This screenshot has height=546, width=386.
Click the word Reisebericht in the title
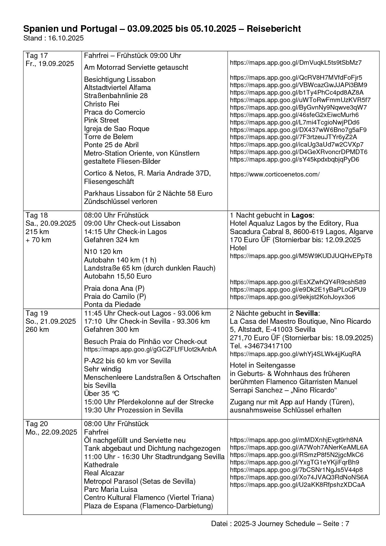tap(274, 29)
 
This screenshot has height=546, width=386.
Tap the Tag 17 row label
tap(37, 56)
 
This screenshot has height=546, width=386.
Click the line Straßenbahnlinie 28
tap(116, 96)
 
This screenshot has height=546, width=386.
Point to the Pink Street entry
tap(101, 120)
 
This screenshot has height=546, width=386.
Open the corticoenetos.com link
tap(275, 174)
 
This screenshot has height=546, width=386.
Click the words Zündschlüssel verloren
tap(120, 201)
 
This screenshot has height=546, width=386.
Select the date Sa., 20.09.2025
tap(51, 223)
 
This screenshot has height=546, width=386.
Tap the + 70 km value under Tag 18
tap(38, 240)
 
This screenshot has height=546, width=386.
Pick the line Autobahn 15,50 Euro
tap(118, 276)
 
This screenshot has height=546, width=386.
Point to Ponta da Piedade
tap(112, 304)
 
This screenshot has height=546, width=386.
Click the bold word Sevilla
tap(307, 313)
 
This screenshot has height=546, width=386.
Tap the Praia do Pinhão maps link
tap(150, 349)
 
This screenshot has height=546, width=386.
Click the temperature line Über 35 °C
tap(101, 393)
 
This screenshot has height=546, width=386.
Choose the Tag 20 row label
tap(37, 424)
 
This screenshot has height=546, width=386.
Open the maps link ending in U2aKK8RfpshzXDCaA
tap(297, 485)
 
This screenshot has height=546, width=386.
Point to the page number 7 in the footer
tap(347, 524)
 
